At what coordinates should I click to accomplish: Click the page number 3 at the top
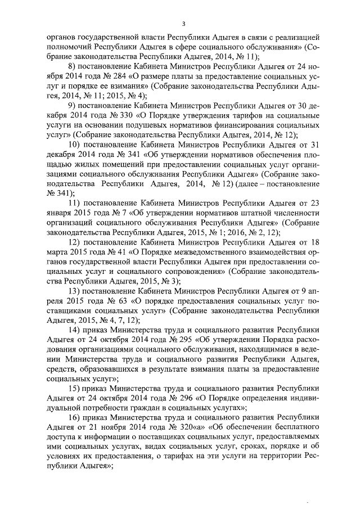tap(183, 24)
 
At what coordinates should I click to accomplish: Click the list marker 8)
tap(73, 66)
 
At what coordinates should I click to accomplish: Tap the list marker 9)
tap(73, 105)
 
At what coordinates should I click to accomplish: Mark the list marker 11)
tap(75, 204)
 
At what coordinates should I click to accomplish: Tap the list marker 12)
tap(75, 243)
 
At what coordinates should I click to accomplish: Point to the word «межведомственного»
tap(181, 253)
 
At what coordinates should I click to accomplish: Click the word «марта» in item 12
tap(58, 253)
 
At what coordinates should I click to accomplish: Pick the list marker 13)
tap(75, 292)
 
